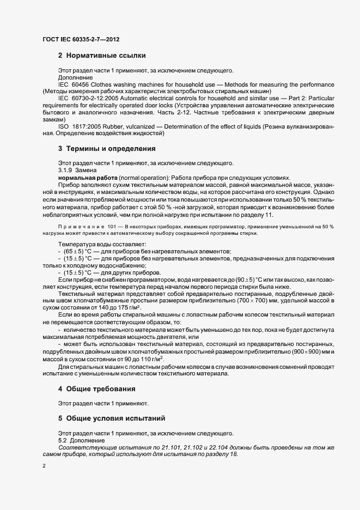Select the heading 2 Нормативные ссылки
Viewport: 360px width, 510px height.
coord(102,56)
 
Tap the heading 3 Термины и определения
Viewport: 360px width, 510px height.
coord(107,148)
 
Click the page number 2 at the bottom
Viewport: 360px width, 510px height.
coord(44,466)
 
